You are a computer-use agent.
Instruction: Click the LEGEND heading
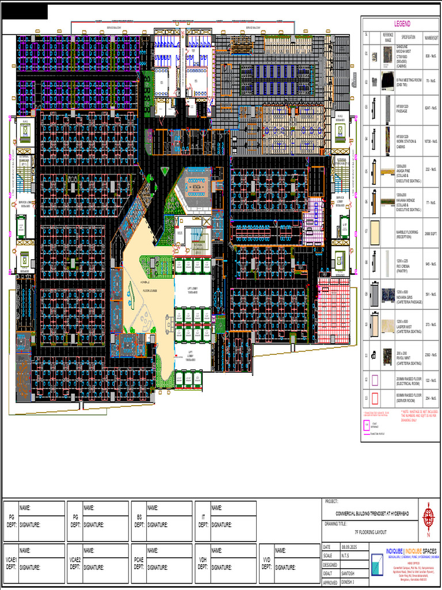[402, 24]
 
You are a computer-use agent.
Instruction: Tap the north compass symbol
[428, 515]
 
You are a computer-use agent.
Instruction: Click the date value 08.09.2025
[350, 547]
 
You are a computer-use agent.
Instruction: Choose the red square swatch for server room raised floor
[374, 398]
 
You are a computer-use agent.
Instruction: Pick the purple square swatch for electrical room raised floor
[374, 380]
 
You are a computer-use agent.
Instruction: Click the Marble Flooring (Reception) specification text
[407, 233]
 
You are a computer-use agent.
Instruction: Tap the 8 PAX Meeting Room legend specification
[409, 82]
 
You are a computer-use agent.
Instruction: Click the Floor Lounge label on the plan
[151, 291]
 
